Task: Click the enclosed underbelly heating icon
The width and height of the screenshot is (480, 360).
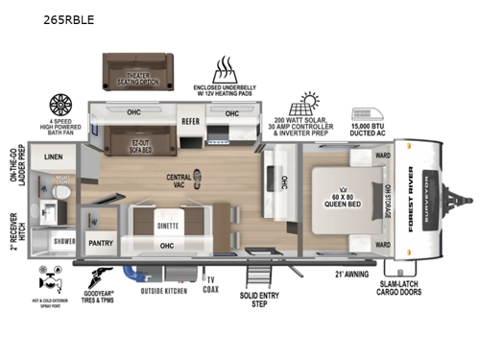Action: (x=226, y=70)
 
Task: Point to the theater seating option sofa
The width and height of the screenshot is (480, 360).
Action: (x=135, y=68)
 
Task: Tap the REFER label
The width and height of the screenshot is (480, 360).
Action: (x=190, y=122)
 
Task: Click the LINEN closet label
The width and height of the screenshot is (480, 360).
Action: (x=54, y=156)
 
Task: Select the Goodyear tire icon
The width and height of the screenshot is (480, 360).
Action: (x=102, y=277)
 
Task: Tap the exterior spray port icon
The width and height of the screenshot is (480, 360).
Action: (x=44, y=281)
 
